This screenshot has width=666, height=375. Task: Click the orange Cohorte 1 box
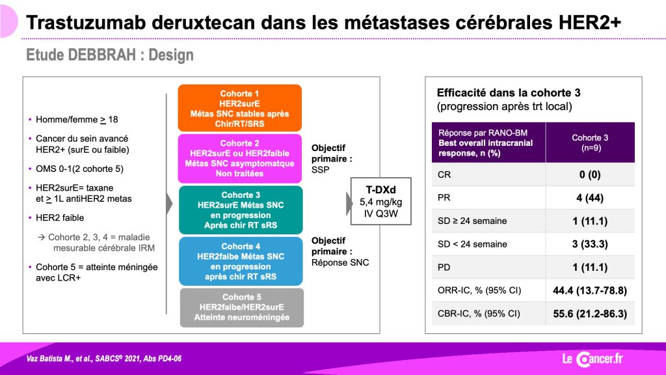(x=239, y=108)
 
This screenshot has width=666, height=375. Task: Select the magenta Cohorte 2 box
(x=239, y=158)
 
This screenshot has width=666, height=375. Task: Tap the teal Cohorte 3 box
(x=241, y=210)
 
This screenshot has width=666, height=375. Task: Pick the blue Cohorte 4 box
(x=241, y=261)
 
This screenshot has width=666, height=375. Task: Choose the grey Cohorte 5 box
(x=242, y=307)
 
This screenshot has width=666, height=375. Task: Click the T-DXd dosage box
(x=380, y=201)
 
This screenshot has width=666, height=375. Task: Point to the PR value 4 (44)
(x=589, y=198)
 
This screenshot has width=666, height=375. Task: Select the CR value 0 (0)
(x=589, y=174)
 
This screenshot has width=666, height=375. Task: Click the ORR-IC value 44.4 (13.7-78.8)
(x=589, y=290)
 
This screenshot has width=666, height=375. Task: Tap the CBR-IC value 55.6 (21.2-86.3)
(x=589, y=314)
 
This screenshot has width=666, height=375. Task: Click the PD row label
(x=444, y=268)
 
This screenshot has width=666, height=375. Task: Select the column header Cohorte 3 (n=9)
(x=590, y=143)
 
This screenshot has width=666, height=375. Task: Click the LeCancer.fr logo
(x=593, y=359)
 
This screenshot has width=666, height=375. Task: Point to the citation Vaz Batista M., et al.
(x=59, y=359)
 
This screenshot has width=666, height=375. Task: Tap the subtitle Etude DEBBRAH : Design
(x=109, y=55)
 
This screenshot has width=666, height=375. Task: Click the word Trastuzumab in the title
(x=87, y=23)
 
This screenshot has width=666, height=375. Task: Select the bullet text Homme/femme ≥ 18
(x=77, y=120)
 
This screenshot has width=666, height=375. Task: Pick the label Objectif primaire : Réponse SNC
(x=340, y=252)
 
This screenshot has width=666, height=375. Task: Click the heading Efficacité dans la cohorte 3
(x=509, y=92)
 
